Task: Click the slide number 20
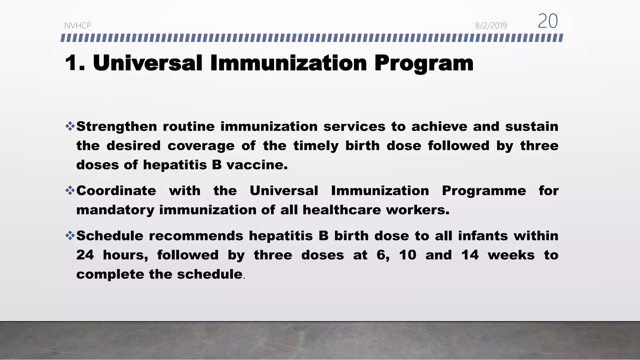(547, 21)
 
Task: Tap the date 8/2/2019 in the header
(491, 26)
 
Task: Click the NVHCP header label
(77, 26)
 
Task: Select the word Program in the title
(424, 63)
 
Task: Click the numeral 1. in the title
(75, 63)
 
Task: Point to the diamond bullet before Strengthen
(70, 126)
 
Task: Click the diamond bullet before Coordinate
(70, 190)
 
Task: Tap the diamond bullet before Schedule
(70, 235)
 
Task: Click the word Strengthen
(117, 127)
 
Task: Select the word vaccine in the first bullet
(257, 165)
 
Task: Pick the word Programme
(484, 191)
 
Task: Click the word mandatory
(115, 210)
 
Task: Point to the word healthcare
(342, 210)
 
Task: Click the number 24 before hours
(85, 255)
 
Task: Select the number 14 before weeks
(470, 255)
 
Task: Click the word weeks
(511, 255)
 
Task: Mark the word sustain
(532, 127)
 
